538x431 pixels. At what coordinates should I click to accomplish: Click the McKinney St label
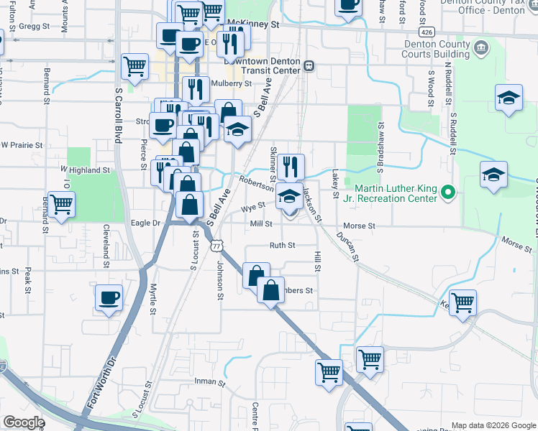[x=252, y=24]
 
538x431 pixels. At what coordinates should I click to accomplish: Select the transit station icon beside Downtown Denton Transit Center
[x=309, y=65]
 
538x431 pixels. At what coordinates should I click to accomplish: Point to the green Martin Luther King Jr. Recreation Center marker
[x=447, y=193]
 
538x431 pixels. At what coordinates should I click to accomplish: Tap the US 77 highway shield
[x=216, y=246]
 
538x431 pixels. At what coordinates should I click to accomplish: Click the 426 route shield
[x=427, y=32]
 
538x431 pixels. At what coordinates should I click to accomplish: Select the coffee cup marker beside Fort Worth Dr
[x=109, y=297]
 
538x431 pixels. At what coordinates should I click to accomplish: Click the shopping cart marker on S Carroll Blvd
[x=135, y=66]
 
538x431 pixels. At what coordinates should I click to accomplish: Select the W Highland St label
[x=85, y=170]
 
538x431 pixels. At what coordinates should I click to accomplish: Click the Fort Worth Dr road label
[x=101, y=385]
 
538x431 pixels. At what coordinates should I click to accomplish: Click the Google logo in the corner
[x=24, y=422]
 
